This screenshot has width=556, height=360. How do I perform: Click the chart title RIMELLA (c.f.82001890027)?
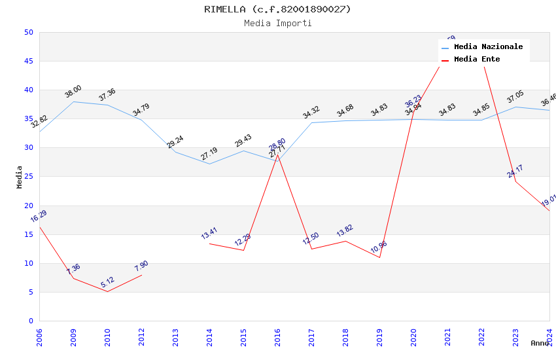pos(277,9)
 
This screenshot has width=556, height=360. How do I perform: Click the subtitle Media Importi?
pos(277,23)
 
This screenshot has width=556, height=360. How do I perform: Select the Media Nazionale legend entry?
pos(488,47)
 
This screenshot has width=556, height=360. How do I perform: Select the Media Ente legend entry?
pos(477,60)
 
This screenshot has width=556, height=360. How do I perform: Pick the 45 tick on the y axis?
pos(28,62)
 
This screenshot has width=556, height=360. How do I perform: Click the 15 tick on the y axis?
pos(28,234)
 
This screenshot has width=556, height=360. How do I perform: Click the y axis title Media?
pos(20,177)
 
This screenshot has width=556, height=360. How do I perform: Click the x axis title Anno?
pos(540,343)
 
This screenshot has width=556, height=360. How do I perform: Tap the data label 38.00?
pos(73,92)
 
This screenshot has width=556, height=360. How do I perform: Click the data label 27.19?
pos(209,154)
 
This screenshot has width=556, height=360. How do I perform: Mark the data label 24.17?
pos(515,171)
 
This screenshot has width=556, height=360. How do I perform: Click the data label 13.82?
pos(345,230)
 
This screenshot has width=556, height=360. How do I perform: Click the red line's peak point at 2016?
pos(277,154)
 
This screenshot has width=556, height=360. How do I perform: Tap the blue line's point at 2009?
pos(73,101)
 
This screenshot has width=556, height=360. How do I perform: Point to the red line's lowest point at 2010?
pos(107,291)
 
